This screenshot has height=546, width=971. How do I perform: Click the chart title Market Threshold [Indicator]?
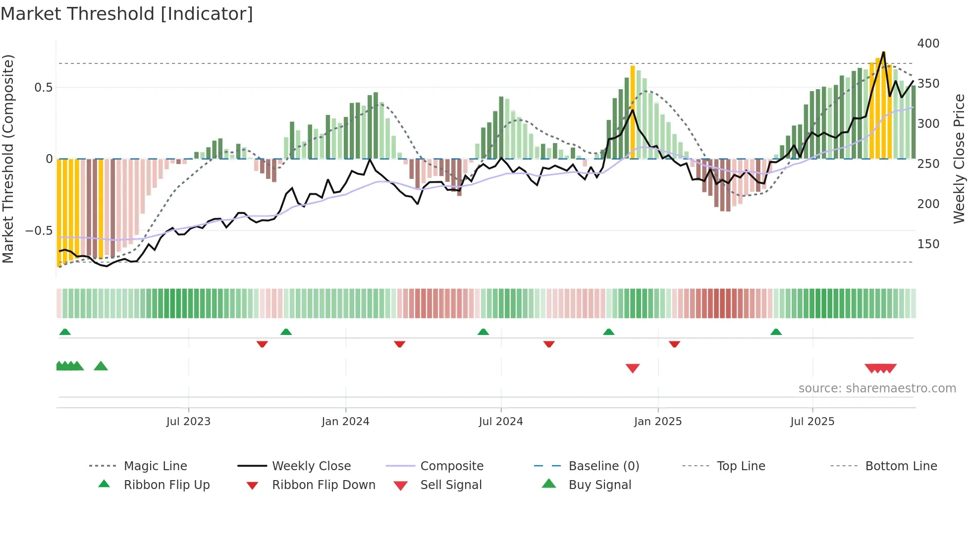click(x=127, y=14)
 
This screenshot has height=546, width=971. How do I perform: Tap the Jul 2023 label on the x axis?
click(x=188, y=422)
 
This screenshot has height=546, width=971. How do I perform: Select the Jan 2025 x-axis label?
click(x=657, y=422)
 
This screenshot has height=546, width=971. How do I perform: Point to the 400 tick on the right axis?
click(x=928, y=44)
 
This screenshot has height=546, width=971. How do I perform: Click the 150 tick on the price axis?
click(x=928, y=244)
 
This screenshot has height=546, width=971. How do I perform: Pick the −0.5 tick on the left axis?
click(x=39, y=231)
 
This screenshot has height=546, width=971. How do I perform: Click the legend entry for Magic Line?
click(x=155, y=466)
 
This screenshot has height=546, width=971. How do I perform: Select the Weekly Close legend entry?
click(x=311, y=466)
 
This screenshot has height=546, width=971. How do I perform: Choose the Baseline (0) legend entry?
click(x=603, y=466)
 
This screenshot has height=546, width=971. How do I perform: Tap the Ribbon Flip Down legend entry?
click(x=324, y=485)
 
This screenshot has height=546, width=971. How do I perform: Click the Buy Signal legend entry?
click(x=599, y=485)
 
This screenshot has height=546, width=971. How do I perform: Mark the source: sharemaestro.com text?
click(x=877, y=388)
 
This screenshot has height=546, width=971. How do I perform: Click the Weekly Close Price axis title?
click(x=959, y=159)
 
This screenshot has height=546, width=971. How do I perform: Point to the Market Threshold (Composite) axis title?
click(x=8, y=159)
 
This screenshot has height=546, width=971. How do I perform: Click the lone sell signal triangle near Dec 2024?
click(x=633, y=368)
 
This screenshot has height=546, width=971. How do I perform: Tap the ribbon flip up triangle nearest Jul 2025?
click(x=776, y=332)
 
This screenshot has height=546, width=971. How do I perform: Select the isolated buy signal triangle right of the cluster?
click(x=101, y=366)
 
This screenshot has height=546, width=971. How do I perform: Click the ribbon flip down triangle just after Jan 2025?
click(x=674, y=344)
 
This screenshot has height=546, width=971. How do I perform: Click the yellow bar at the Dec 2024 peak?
click(x=633, y=111)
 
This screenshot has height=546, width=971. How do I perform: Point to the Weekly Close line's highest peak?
click(x=883, y=53)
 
